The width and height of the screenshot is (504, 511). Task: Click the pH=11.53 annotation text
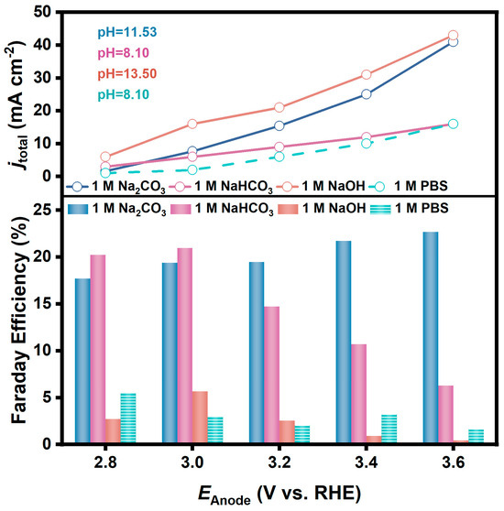(127, 33)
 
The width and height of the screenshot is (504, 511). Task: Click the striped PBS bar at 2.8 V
(127, 419)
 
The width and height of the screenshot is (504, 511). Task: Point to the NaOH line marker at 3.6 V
(453, 35)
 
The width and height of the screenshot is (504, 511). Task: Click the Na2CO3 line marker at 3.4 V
(366, 93)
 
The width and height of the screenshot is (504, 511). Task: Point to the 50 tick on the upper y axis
(40, 12)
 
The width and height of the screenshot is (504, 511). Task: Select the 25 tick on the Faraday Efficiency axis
(40, 211)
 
